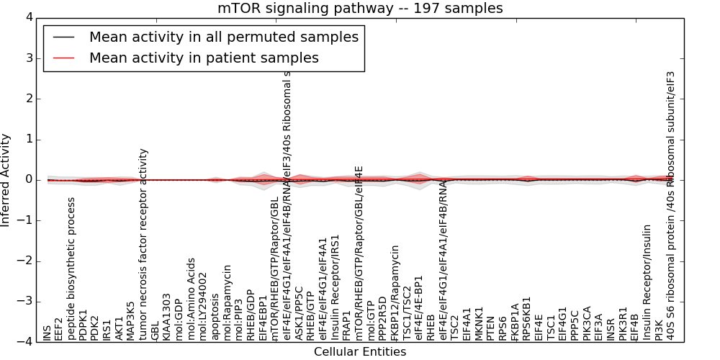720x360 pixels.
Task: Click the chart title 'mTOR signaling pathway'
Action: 360,9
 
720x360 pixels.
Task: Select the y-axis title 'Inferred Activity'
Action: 6,179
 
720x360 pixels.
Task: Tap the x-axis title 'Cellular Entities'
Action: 360,352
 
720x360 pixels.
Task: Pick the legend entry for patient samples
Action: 204,58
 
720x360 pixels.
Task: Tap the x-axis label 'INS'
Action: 48,333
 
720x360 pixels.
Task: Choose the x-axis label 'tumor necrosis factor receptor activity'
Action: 143,244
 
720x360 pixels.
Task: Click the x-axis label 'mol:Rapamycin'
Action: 228,302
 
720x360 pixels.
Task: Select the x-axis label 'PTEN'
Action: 491,328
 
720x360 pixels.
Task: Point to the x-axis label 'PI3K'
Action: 659,329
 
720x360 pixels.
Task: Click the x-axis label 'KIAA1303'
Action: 167,316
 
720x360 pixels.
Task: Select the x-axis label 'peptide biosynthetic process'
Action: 71,268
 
